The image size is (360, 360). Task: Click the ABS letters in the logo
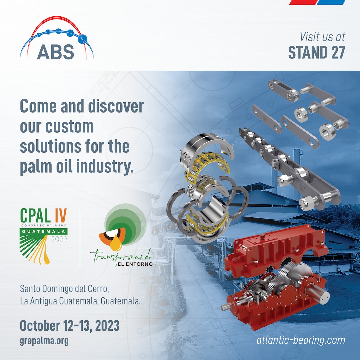55,52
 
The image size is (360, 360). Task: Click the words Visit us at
322,37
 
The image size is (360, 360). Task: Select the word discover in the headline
116,106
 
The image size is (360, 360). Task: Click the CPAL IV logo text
43,215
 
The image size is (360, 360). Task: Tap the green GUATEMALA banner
44,231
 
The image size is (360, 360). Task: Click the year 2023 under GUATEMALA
59,239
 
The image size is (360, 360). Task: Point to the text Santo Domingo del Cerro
64,289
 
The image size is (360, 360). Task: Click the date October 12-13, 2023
70,326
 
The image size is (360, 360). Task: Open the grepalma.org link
44,341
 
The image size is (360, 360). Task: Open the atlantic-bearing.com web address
301,340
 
